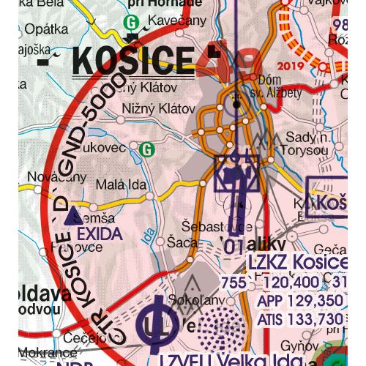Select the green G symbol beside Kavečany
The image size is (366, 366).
point(132,22)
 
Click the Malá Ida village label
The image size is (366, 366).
point(119,183)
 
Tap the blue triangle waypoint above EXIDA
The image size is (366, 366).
point(70,217)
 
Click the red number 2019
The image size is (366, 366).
point(290,67)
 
